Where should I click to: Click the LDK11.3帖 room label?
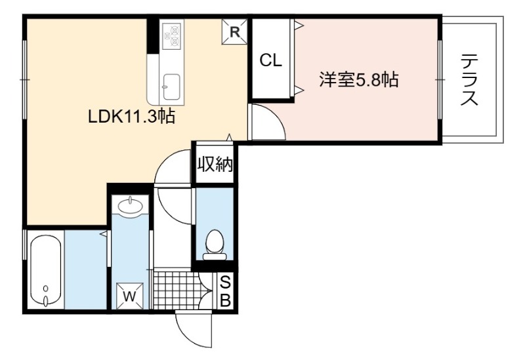131,117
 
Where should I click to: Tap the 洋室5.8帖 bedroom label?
358,80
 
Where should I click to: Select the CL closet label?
271,60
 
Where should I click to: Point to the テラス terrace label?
469,79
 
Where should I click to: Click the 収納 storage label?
215,164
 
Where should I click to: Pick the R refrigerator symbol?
235,31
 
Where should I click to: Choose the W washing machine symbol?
129,296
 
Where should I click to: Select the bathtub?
46,270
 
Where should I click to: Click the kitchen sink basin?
171,87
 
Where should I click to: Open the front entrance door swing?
194,329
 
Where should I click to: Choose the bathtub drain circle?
46,288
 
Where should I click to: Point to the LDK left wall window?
24,79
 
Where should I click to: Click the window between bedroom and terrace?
440,79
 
